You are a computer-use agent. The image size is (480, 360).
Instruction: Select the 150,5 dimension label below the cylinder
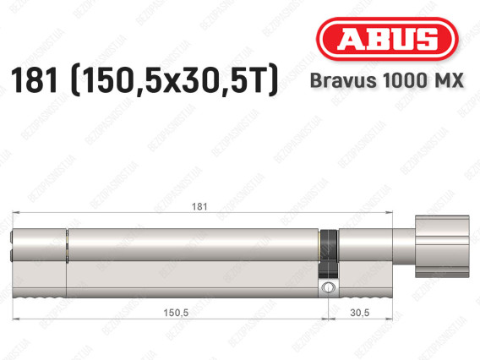(x=175, y=314)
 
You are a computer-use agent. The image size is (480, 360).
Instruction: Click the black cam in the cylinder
(x=329, y=252)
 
